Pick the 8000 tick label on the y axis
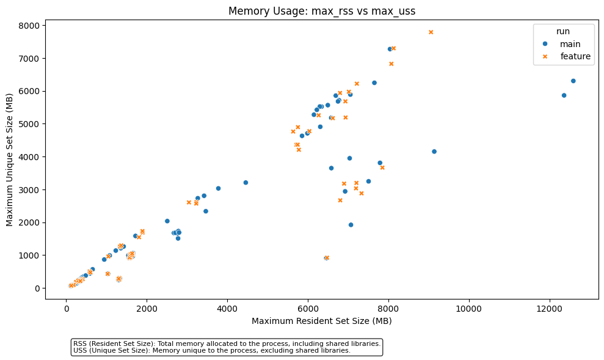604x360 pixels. tap(29, 26)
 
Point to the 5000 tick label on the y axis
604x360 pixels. tap(29, 124)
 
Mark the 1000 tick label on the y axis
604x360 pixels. tap(29, 255)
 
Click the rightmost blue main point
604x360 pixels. tap(573, 81)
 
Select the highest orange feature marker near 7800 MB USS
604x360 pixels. tap(431, 32)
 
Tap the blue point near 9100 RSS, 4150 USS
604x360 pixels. tap(434, 152)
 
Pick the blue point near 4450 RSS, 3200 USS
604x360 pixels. tap(246, 182)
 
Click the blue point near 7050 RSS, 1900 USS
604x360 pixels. tap(351, 225)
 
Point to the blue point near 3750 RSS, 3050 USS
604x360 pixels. tap(218, 188)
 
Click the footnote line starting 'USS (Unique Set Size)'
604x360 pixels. tap(211, 351)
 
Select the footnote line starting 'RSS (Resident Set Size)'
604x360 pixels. tap(227, 343)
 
